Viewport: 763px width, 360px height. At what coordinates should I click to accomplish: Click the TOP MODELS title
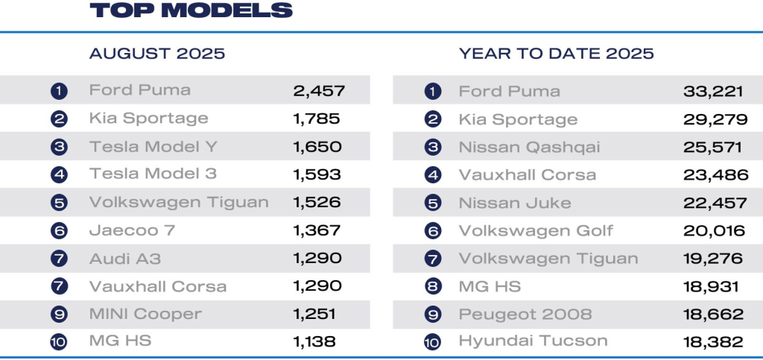click(x=191, y=10)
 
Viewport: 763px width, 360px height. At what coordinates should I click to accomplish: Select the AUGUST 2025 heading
click(x=157, y=54)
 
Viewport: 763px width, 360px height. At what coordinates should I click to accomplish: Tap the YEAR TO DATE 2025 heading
click(x=557, y=54)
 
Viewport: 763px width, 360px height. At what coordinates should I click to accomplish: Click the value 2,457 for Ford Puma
click(x=318, y=91)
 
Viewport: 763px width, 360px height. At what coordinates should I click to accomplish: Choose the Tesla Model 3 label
click(x=153, y=174)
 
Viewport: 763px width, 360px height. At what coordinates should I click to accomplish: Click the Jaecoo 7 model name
click(x=132, y=230)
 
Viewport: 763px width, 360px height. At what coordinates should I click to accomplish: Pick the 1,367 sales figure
click(x=317, y=230)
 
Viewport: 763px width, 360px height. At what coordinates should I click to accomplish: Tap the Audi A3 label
click(x=125, y=259)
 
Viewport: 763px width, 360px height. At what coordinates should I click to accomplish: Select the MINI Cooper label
click(x=145, y=314)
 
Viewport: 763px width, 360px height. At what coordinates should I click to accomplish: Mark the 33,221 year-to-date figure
click(x=713, y=91)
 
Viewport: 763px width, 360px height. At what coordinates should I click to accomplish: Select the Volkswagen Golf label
click(x=536, y=230)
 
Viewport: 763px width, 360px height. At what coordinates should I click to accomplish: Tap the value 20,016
click(x=714, y=230)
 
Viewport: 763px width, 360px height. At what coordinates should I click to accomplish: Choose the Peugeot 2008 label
click(x=525, y=314)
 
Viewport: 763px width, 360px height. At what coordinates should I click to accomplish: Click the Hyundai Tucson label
click(x=533, y=341)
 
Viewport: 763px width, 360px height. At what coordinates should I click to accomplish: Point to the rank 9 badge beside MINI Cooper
click(x=60, y=314)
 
